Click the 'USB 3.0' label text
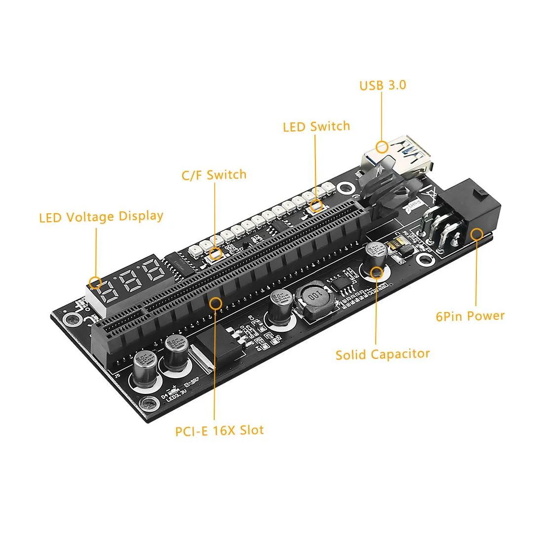[383, 85]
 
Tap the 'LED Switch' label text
[316, 127]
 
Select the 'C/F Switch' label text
[214, 175]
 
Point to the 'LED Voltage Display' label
[101, 217]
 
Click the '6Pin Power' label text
[470, 316]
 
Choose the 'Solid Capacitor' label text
[383, 354]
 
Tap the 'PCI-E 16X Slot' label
[219, 430]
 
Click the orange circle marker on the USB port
[382, 147]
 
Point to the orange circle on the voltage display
[95, 283]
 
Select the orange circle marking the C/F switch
[215, 254]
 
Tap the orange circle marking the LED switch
[316, 206]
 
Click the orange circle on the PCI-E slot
[215, 303]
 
